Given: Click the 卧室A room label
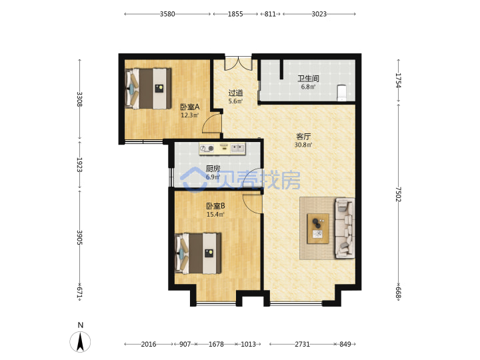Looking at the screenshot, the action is click(x=190, y=107).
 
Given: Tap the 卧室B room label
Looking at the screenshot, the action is click(x=215, y=206).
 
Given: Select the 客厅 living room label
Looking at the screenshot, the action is click(x=303, y=137).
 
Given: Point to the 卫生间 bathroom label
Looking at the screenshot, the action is click(x=308, y=79).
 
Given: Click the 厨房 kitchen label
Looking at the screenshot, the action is click(x=213, y=169).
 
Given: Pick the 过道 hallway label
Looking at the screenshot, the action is click(x=236, y=93).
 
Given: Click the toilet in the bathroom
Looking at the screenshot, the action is click(x=341, y=93).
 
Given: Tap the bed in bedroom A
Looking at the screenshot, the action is click(x=148, y=89).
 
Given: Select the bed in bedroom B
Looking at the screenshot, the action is click(x=198, y=253).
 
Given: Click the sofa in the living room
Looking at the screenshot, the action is click(x=345, y=228).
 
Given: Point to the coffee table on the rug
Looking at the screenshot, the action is click(x=318, y=229).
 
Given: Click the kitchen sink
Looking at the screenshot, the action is click(x=237, y=149).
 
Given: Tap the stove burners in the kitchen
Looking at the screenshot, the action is click(x=207, y=149).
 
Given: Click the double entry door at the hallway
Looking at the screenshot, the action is click(x=239, y=63).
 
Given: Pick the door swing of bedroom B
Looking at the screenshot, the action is click(x=253, y=203).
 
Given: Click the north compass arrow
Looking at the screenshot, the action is click(x=80, y=341).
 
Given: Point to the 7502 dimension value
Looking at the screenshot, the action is click(x=397, y=195).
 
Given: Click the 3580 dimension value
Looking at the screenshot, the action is click(x=167, y=14).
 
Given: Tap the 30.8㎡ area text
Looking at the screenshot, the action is click(x=303, y=145).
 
